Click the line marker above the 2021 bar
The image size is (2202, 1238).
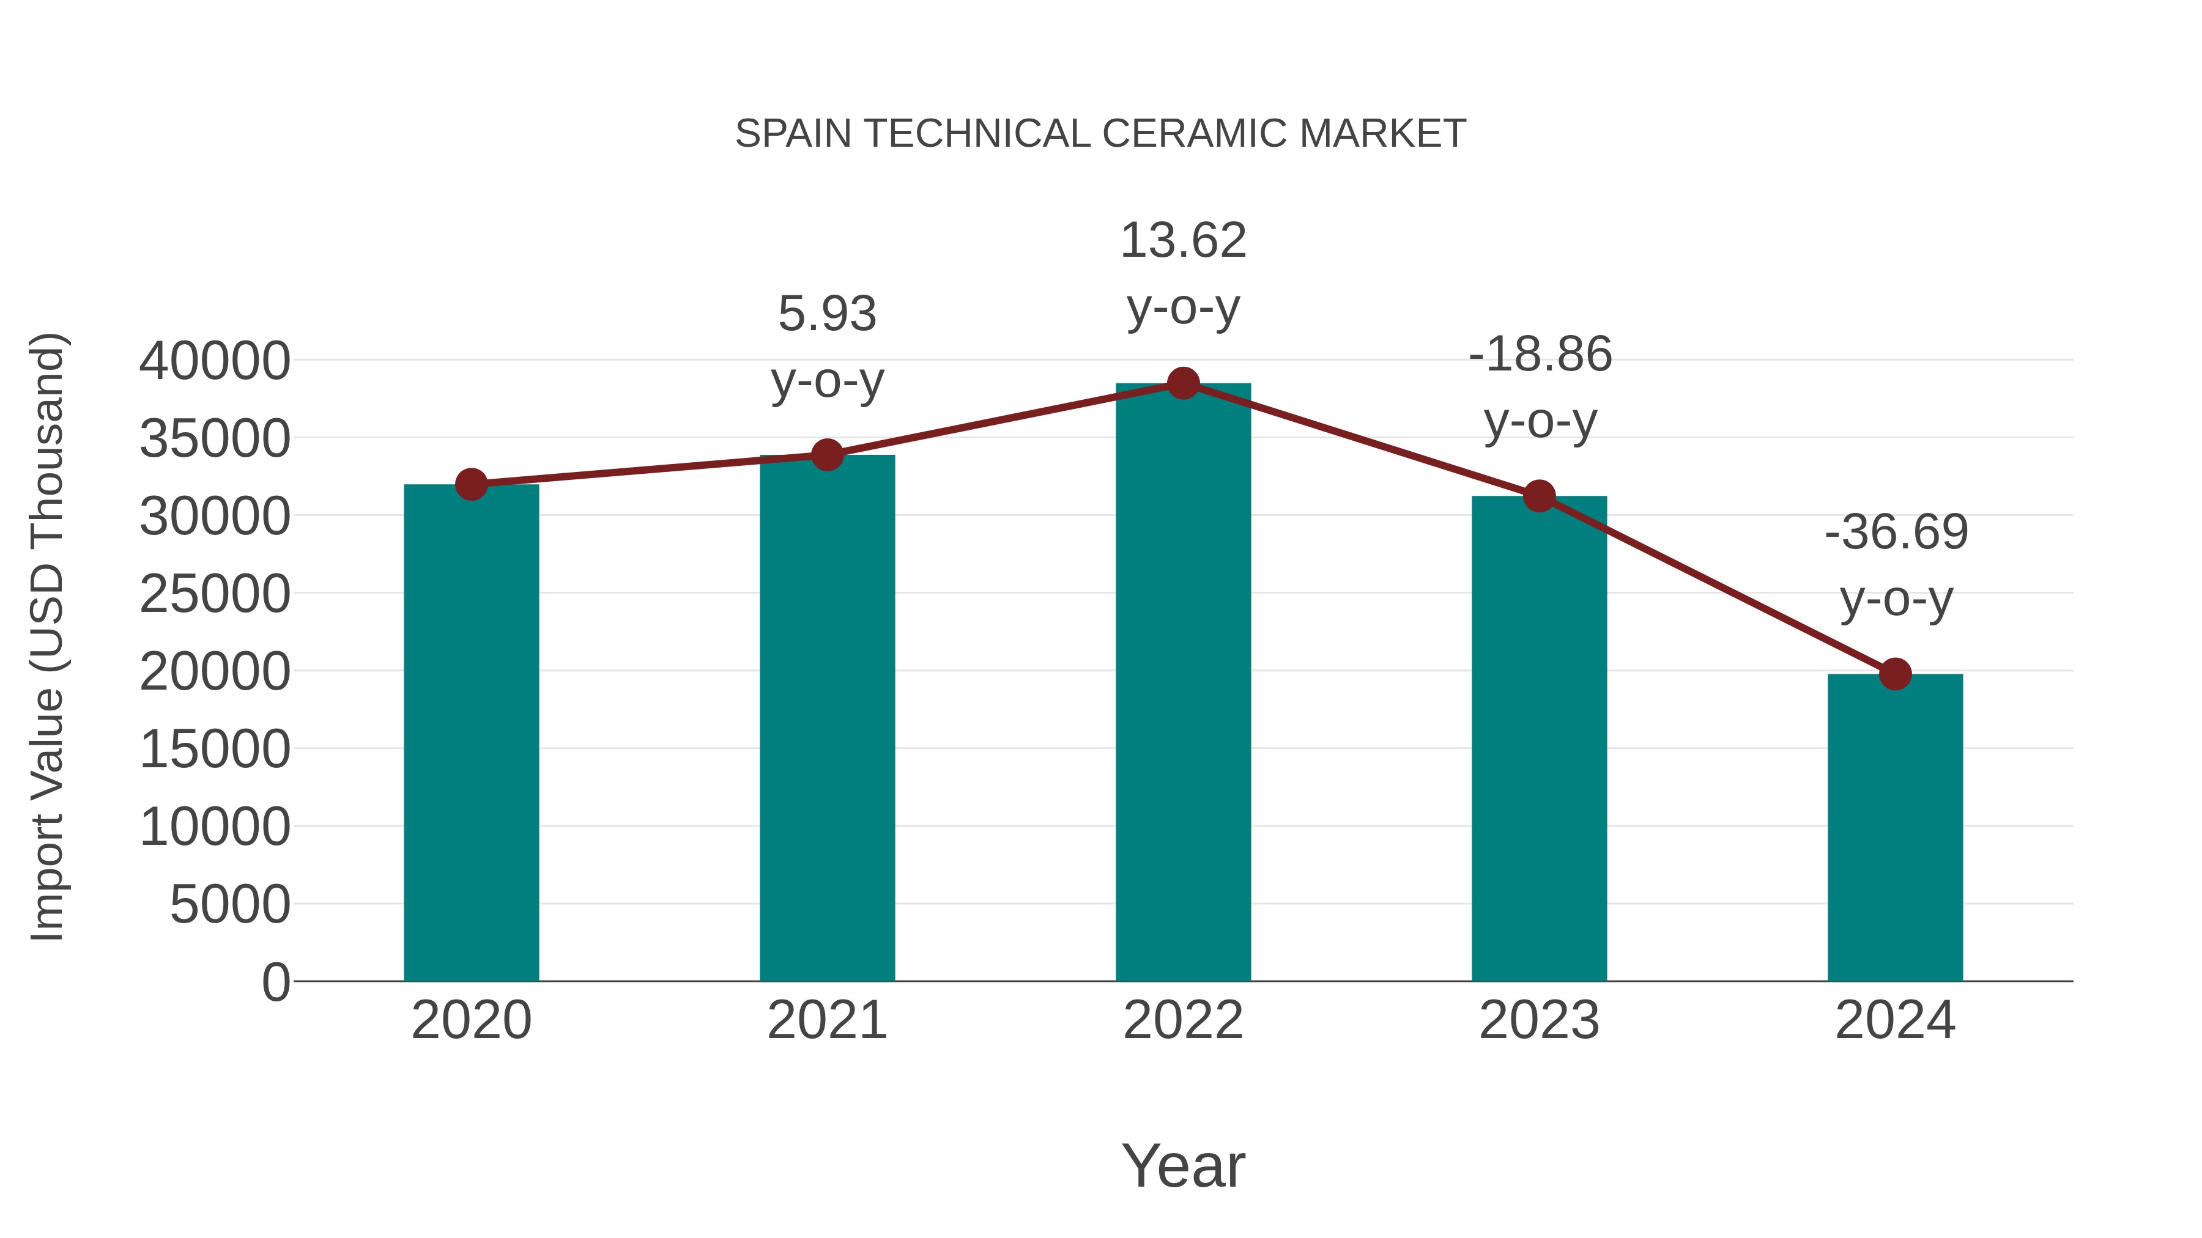[x=828, y=455]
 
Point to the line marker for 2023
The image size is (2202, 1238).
[x=1539, y=496]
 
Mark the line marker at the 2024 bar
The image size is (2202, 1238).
[x=1895, y=674]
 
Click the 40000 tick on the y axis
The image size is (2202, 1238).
[x=215, y=361]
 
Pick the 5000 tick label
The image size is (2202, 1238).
[x=230, y=905]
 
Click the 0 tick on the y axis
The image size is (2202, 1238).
[x=275, y=982]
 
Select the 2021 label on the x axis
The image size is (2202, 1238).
[x=828, y=1020]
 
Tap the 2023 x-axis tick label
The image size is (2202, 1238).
[x=1539, y=1020]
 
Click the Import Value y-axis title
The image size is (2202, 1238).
[x=47, y=636]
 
